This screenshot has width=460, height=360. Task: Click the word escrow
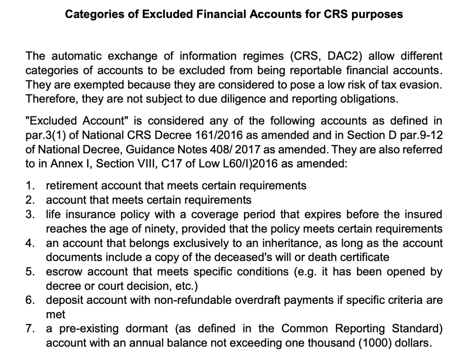point(63,271)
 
